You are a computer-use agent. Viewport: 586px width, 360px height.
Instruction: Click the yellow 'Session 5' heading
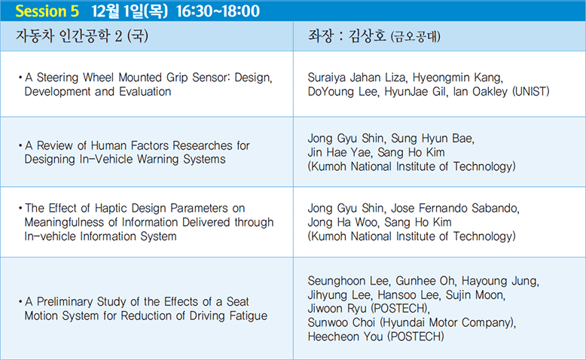(47, 11)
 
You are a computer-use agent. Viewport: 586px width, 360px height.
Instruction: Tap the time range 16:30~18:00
(218, 11)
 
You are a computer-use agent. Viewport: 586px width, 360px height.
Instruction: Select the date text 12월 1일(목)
(130, 11)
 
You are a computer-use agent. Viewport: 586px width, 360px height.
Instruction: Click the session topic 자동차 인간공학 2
(69, 36)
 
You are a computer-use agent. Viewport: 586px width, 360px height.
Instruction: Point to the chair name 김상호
(367, 36)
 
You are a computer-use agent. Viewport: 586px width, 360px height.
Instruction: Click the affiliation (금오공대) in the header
(415, 37)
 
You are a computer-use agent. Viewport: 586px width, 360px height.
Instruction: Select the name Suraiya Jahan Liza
(356, 78)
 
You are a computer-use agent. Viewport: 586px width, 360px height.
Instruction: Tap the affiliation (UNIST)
(531, 92)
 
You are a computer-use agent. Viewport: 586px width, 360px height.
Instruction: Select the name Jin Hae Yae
(340, 153)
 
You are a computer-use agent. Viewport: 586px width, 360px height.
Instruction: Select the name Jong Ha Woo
(342, 222)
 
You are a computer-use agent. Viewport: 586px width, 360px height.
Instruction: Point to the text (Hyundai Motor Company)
(447, 322)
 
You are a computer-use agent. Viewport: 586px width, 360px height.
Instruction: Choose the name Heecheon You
(345, 337)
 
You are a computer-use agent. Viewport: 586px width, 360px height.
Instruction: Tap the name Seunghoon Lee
(349, 281)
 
